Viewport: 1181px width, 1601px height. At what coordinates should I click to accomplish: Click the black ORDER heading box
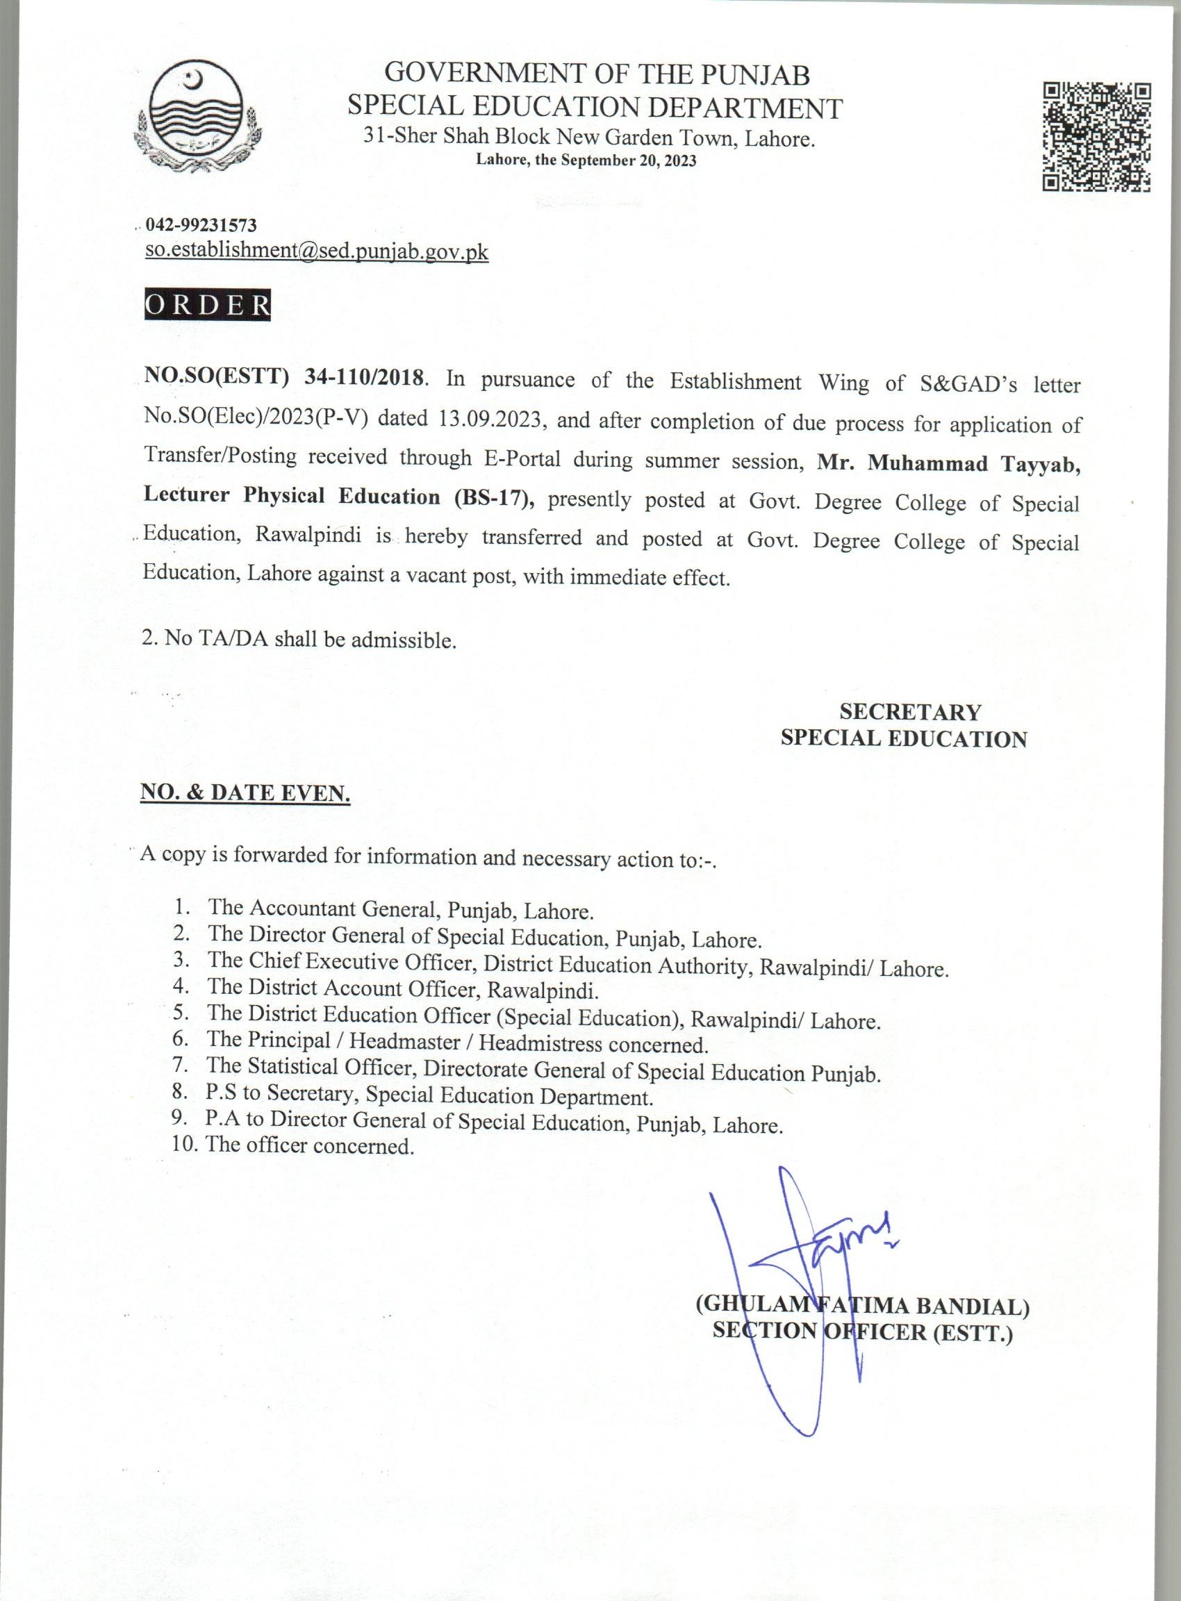tap(208, 305)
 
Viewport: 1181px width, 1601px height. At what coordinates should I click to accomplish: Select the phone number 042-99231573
tap(201, 226)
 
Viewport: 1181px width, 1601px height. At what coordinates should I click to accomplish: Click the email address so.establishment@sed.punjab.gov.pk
tap(317, 251)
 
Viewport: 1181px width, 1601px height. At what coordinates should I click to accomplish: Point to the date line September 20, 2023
tap(586, 161)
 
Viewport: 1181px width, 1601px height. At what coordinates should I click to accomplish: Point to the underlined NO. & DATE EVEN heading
tap(245, 793)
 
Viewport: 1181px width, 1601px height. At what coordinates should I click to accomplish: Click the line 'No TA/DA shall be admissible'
tap(299, 639)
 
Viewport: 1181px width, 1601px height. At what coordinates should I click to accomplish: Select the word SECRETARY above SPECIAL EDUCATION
tap(910, 712)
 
